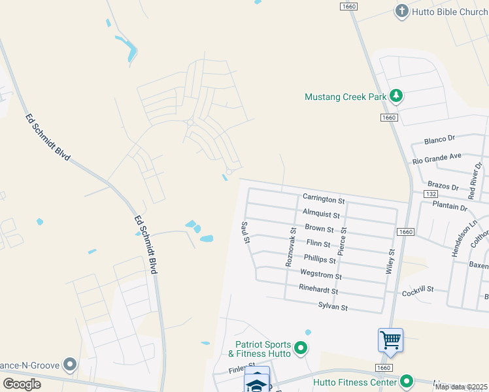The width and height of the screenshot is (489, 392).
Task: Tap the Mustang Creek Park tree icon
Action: pyautogui.click(x=396, y=96)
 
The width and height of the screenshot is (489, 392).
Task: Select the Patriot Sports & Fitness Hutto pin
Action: pyautogui.click(x=301, y=348)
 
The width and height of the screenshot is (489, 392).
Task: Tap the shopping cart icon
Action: pyautogui.click(x=390, y=340)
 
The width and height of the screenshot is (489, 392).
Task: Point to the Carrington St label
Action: pyautogui.click(x=323, y=199)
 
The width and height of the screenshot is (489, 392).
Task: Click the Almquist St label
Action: pyautogui.click(x=321, y=214)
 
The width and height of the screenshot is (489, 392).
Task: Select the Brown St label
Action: pyautogui.click(x=319, y=229)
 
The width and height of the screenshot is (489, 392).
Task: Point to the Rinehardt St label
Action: pyautogui.click(x=318, y=290)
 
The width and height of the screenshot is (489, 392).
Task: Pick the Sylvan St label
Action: pyautogui.click(x=333, y=306)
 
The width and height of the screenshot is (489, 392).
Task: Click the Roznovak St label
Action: pyautogui.click(x=290, y=246)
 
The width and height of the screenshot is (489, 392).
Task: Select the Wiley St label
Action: pyautogui.click(x=390, y=261)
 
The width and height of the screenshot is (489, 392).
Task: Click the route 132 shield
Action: pyautogui.click(x=430, y=194)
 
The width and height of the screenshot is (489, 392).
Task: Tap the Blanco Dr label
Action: pyautogui.click(x=439, y=140)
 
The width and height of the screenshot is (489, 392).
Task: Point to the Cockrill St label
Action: pyautogui.click(x=418, y=291)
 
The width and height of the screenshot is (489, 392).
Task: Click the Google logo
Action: pyautogui.click(x=22, y=384)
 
